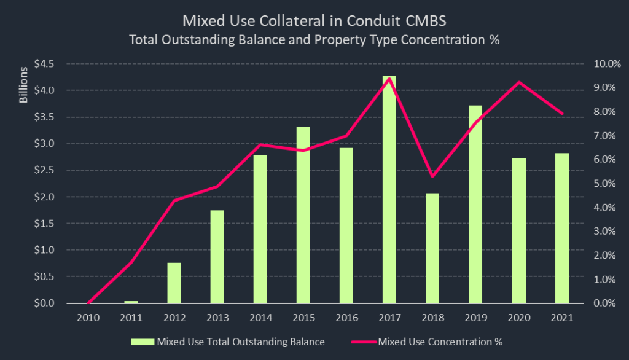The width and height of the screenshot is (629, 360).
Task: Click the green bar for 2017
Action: (389, 190)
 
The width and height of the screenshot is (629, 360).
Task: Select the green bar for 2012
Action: (174, 283)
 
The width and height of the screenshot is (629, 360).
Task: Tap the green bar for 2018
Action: (432, 248)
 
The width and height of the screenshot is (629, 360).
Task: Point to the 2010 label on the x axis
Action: (88, 318)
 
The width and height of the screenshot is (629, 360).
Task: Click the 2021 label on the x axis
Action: (562, 318)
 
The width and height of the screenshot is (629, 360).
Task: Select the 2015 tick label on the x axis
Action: (303, 318)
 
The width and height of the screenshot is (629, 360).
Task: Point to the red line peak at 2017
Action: (389, 78)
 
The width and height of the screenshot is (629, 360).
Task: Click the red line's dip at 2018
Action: (432, 176)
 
